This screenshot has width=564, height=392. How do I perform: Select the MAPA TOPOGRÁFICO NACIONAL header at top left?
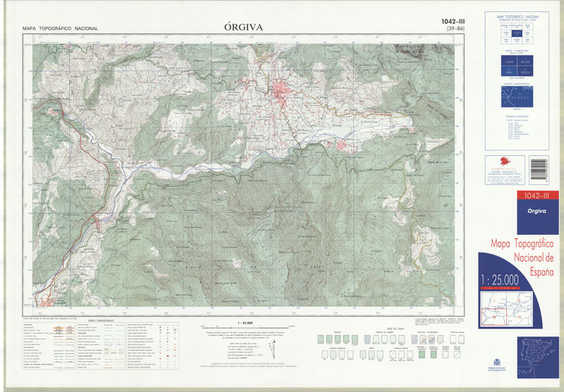pyautogui.click(x=60, y=29)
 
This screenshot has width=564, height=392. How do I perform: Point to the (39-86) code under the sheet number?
pyautogui.click(x=444, y=30)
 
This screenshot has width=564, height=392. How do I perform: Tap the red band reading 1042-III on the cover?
pyautogui.click(x=530, y=195)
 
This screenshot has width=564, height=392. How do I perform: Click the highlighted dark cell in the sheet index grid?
pyautogui.click(x=517, y=33)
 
